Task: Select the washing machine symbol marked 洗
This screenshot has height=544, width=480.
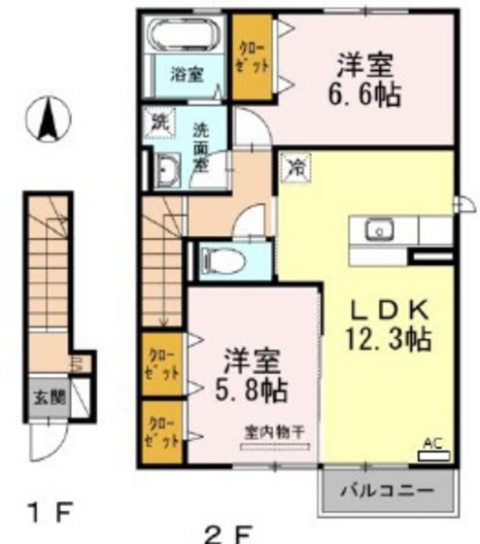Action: pos(157,123)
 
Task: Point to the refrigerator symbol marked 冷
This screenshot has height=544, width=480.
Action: pos(291,166)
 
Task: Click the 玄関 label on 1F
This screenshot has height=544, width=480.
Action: pos(44,396)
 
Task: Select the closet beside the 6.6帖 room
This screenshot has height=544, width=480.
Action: pos(253,61)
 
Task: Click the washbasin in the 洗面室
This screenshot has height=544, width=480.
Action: pos(164,171)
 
